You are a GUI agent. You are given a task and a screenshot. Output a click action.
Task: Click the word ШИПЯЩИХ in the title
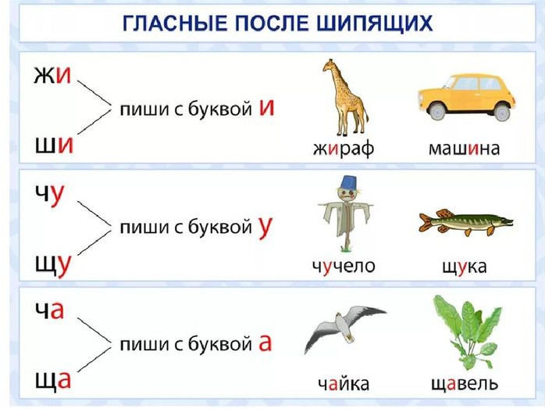coord(374,23)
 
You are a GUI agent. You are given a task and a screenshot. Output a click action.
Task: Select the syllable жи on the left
coord(52,75)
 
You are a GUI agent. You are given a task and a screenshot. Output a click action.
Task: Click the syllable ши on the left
coord(54,145)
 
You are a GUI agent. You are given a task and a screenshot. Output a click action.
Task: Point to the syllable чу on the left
coord(50,195)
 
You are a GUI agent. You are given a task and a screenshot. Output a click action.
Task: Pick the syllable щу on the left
coord(53,265)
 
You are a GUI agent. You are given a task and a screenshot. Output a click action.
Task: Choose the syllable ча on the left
coord(50,310)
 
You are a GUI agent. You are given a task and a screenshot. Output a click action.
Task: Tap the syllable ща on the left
coord(53,380)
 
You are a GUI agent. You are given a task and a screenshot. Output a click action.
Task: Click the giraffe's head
coord(329,65)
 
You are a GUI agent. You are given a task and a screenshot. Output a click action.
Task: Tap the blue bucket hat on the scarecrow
coord(347,182)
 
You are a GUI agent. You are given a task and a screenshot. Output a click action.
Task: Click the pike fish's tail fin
coord(426,223)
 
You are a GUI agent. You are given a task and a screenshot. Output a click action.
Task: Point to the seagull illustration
coord(344,329)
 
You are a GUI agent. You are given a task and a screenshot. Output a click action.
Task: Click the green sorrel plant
coord(468,332)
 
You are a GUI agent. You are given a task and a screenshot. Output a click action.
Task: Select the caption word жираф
coord(344,149)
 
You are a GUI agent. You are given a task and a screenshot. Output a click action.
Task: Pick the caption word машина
coord(465,149)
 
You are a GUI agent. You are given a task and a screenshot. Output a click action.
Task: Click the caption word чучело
coord(344,267)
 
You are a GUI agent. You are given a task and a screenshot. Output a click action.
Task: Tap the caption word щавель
coord(465,384)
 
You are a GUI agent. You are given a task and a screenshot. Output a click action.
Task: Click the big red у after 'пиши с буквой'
coord(265,228)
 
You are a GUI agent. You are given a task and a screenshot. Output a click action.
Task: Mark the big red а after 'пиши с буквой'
coord(265,343)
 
